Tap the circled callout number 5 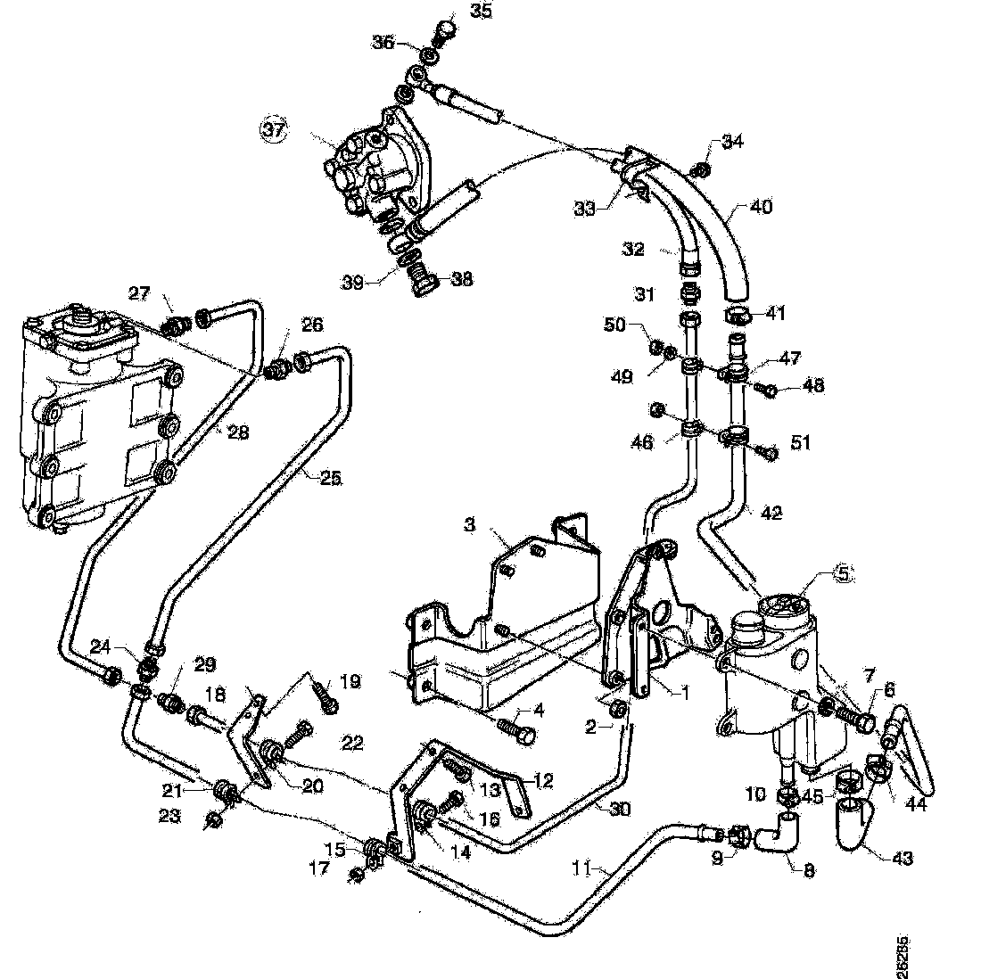click(843, 574)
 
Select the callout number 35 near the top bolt click(481, 12)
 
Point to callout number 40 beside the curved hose click(762, 207)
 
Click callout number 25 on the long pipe click(330, 477)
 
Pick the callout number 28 click(238, 432)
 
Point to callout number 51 click(801, 443)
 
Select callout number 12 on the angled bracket click(544, 780)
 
